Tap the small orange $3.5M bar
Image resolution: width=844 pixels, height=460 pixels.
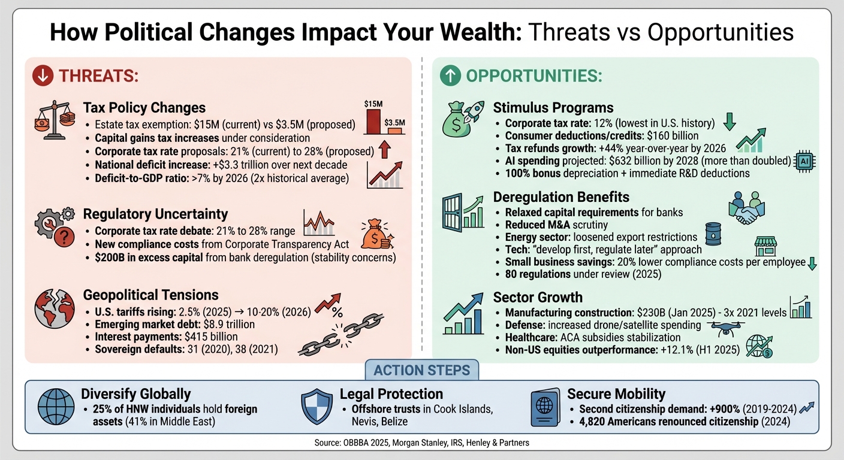tap(394, 130)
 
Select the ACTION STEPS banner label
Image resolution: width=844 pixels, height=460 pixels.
tap(421, 370)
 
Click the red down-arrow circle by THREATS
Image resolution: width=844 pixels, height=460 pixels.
tap(42, 76)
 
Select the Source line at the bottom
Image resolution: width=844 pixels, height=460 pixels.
tap(421, 444)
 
